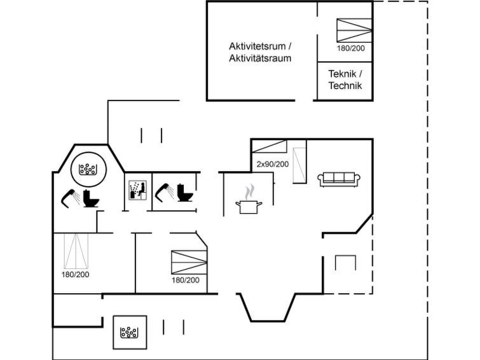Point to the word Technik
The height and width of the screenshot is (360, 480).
coord(345,85)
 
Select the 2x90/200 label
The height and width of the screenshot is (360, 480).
coord(272,164)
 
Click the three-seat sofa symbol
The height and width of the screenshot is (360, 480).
coord(339,178)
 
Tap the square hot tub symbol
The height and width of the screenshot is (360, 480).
coord(130,332)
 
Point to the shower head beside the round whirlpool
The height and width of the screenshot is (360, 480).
coord(69,197)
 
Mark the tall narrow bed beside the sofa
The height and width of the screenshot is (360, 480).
coord(300,165)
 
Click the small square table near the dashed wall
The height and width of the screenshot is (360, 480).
coord(345,263)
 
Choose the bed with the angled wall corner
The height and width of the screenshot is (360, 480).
coord(189,261)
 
